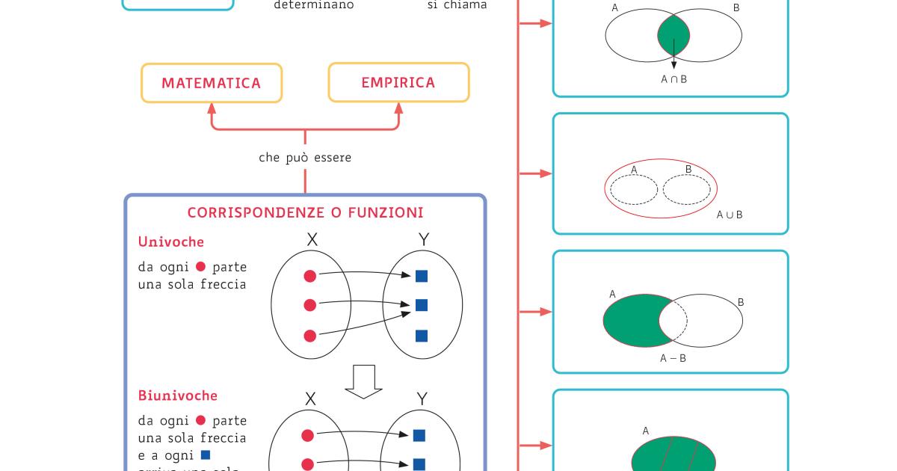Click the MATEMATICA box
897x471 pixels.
point(212,83)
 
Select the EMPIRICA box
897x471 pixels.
point(398,82)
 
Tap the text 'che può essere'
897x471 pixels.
point(305,158)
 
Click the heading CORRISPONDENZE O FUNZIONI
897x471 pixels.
point(305,213)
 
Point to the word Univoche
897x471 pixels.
point(171,242)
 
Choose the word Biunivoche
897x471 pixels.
point(178,395)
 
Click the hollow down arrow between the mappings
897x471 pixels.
point(363,381)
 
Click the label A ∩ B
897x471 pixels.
point(673,78)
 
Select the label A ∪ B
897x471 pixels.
point(730,215)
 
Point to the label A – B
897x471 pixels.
point(673,358)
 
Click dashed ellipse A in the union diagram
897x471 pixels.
point(634,189)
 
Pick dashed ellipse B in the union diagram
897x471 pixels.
point(687,189)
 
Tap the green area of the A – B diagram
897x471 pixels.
point(631,320)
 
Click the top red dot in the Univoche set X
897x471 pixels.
point(310,277)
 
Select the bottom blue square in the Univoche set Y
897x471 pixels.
point(422,336)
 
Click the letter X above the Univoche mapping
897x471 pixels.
point(312,240)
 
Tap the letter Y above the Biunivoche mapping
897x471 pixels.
point(422,399)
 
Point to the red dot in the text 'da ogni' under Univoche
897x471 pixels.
point(200,267)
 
